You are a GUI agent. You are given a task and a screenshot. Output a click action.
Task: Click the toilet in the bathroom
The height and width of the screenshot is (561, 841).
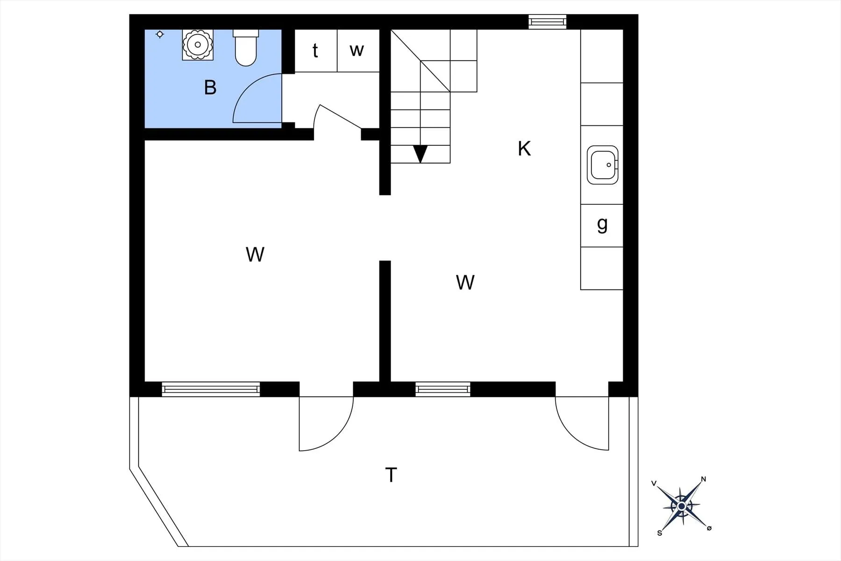246,49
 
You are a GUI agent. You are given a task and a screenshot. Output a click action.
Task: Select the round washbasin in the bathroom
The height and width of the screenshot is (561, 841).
198,45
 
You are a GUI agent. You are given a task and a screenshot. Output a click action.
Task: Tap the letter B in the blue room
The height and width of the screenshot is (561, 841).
210,87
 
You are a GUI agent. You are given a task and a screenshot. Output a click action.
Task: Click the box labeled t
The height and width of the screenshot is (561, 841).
316,50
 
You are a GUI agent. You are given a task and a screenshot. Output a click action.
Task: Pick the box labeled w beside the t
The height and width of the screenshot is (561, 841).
357,50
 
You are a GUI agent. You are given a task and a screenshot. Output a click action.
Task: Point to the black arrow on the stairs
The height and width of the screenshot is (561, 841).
420,153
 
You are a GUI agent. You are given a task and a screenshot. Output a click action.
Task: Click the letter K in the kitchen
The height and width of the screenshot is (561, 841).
524,149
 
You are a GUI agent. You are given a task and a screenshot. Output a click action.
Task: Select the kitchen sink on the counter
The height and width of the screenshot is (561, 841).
602,165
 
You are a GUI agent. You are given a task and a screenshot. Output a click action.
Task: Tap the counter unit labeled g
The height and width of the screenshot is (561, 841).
602,225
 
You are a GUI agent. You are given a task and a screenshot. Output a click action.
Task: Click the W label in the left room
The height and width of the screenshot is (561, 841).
255,254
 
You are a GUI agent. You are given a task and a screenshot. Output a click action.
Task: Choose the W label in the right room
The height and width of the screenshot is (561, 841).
465,282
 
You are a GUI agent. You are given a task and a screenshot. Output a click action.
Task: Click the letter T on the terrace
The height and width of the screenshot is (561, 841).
391,475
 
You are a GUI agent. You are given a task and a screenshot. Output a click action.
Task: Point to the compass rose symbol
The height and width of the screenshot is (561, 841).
681,506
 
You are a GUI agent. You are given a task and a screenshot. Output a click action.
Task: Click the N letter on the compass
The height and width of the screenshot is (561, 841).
704,479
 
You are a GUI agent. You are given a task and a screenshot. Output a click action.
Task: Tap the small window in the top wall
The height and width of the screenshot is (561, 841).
547,22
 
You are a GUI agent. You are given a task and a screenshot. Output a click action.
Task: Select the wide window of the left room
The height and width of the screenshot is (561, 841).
211,389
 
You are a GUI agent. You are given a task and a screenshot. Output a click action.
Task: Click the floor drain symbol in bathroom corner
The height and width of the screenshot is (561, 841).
160,34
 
